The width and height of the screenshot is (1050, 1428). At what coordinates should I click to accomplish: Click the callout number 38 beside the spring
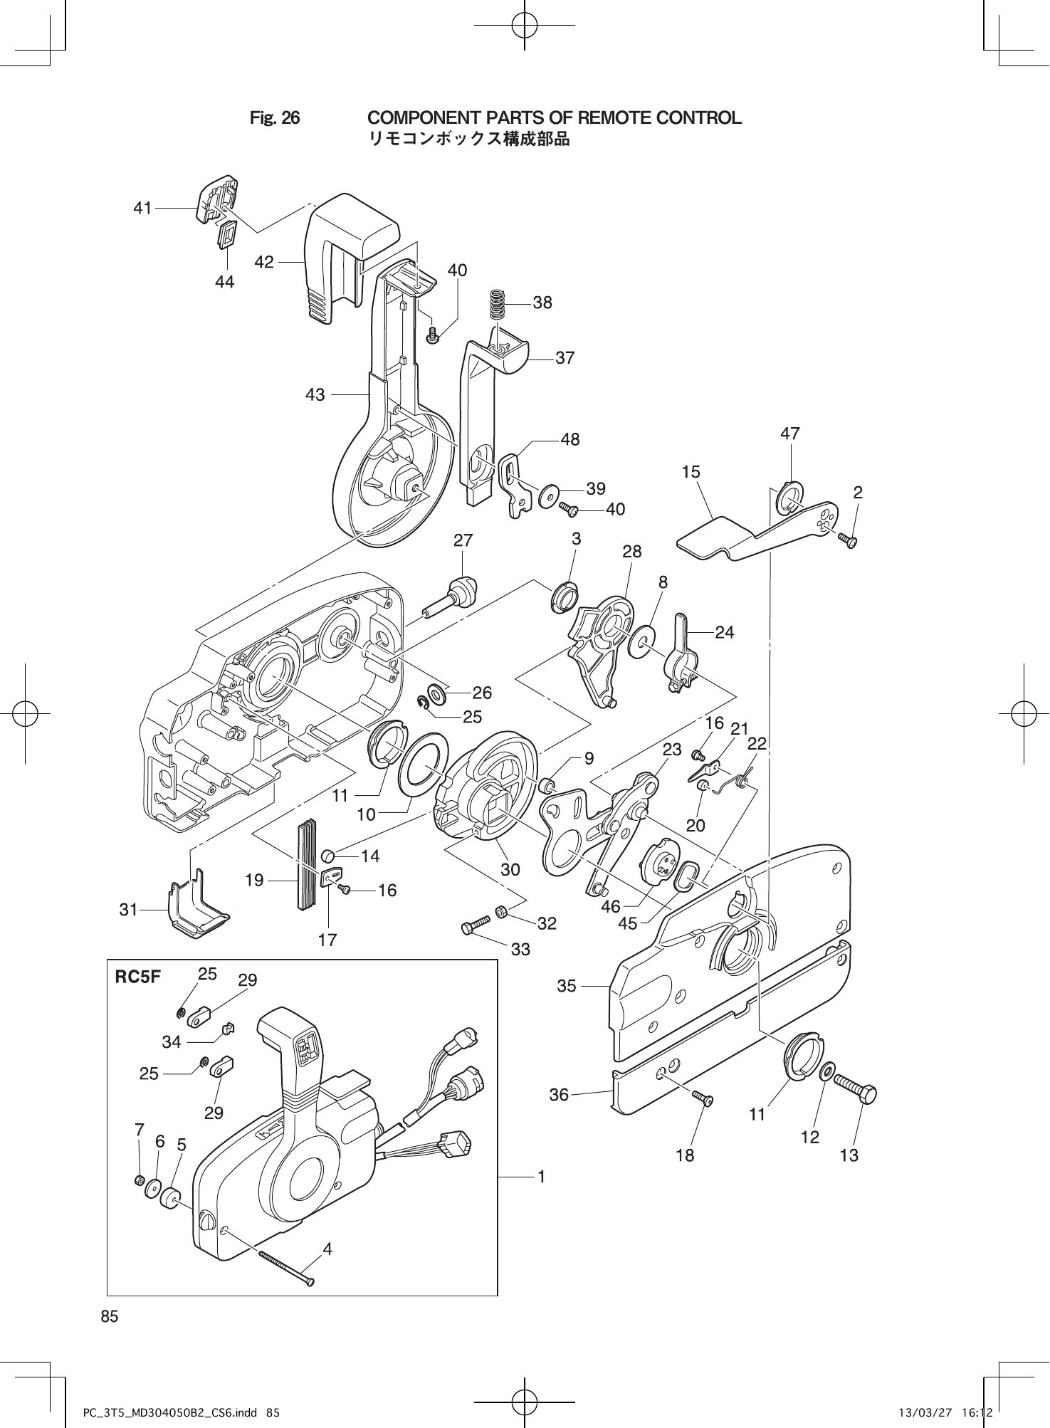point(542,303)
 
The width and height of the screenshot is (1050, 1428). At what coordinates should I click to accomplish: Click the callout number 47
point(790,434)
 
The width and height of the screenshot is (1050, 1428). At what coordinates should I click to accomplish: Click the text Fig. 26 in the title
point(274,117)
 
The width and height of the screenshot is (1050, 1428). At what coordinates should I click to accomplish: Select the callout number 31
point(128,909)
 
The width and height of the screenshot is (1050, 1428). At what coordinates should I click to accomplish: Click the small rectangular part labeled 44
point(226,234)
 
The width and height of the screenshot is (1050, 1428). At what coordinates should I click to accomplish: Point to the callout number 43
point(315,394)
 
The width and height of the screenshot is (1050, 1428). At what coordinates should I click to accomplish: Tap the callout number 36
point(559,1094)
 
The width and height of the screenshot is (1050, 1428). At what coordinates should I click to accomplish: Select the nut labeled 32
point(501,910)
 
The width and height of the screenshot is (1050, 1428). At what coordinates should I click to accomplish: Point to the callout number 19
point(254,881)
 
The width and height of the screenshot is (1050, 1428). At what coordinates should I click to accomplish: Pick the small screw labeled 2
point(849,540)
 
